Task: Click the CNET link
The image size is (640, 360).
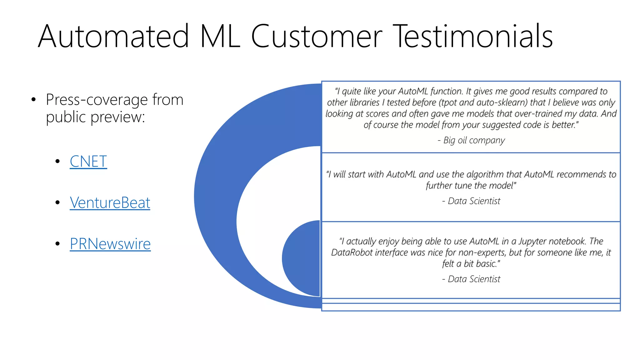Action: (88, 162)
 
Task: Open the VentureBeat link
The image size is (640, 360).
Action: (110, 202)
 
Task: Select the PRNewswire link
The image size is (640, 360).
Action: (110, 244)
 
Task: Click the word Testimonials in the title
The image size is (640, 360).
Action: (472, 37)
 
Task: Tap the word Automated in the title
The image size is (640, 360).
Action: (113, 37)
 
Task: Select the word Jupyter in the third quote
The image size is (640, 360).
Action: (532, 241)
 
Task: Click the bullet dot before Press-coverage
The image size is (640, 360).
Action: (34, 100)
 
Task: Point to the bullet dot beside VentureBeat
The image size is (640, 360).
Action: (57, 202)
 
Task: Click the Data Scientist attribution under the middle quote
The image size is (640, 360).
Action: (474, 201)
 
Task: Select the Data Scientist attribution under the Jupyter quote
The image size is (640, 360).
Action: (474, 279)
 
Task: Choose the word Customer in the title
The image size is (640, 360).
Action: (316, 37)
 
